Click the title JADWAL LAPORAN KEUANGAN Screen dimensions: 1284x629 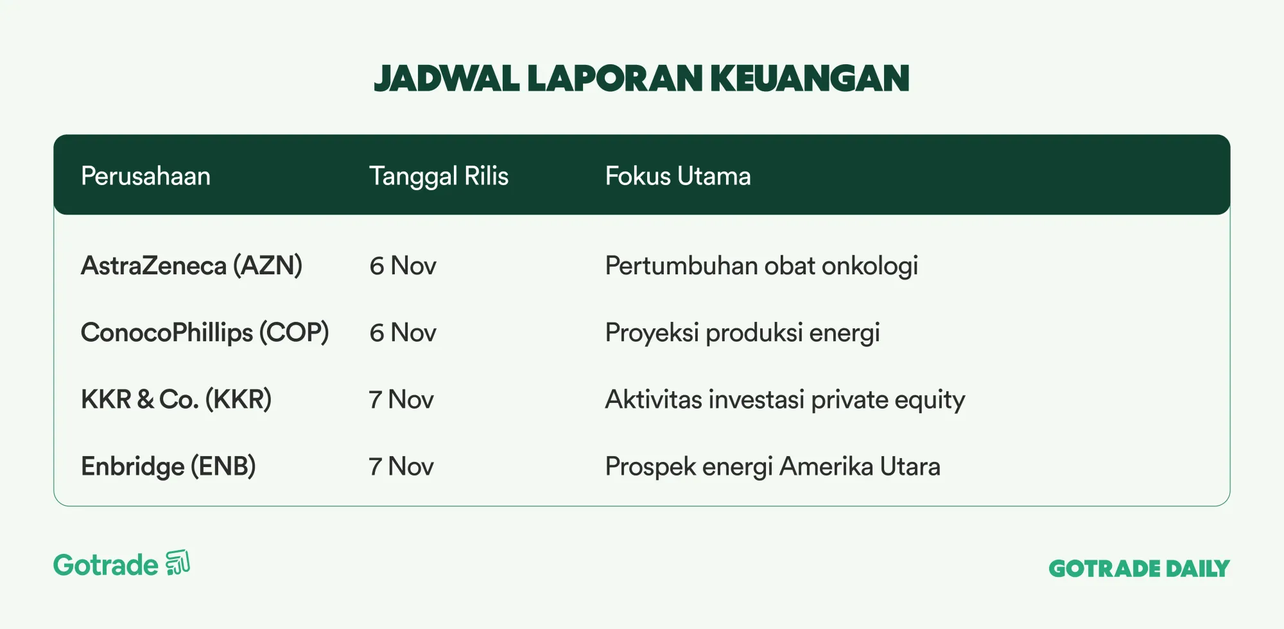click(641, 78)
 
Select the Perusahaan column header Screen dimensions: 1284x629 click(146, 176)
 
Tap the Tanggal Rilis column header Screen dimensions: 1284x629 click(438, 177)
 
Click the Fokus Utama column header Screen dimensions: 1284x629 click(678, 176)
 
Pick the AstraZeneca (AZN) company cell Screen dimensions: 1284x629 click(191, 266)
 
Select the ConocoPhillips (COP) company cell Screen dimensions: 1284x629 click(205, 333)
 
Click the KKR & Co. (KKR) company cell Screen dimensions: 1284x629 click(176, 400)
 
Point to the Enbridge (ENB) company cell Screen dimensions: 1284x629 click(168, 466)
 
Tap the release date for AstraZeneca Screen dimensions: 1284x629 click(403, 266)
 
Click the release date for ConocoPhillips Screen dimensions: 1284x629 click(403, 333)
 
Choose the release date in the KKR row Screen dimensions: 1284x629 click(401, 400)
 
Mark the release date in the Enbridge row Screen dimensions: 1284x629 click(401, 466)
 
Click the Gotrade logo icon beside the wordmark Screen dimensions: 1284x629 click(178, 563)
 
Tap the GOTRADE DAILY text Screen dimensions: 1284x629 click(1140, 569)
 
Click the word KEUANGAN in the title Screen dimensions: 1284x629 click(810, 78)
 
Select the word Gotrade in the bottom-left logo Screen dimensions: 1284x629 click(106, 565)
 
